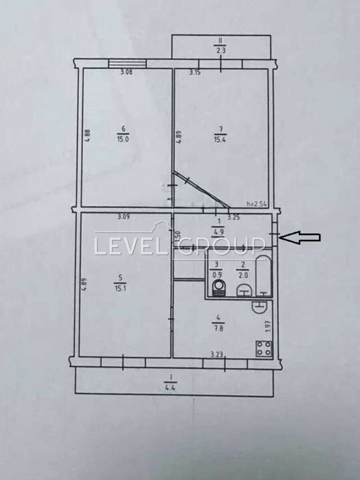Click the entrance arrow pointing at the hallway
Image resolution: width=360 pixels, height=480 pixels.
(300, 238)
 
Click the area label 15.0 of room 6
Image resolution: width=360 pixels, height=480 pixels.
(123, 140)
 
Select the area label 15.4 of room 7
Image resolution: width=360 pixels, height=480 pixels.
(220, 140)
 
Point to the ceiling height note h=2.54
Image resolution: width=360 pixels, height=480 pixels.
(257, 204)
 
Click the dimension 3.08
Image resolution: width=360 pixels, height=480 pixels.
(126, 72)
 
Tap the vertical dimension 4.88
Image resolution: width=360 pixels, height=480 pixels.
(87, 136)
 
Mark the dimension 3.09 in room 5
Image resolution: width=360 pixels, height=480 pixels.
(124, 217)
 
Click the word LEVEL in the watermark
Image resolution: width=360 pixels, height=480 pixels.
(130, 246)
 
